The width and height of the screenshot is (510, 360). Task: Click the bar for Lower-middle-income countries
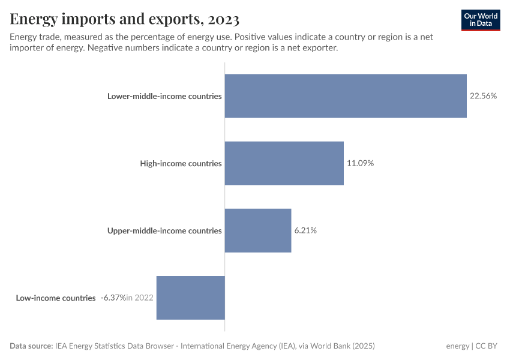point(346,96)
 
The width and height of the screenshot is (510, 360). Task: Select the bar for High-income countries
point(284,163)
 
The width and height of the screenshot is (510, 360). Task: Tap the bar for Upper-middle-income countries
point(258,230)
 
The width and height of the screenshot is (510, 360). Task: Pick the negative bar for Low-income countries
point(190,298)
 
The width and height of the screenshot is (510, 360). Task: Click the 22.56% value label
point(483,96)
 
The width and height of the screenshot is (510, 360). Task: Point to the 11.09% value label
point(360,163)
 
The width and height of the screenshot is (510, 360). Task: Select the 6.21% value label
point(305,230)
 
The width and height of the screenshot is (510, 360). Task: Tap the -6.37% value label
point(112,298)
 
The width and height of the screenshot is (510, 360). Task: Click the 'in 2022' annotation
point(140,298)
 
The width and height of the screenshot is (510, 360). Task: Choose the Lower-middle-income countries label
point(164,96)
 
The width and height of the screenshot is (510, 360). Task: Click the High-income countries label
point(181,163)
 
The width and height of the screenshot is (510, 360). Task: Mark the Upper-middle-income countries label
point(164,230)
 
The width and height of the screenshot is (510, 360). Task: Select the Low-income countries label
point(56,298)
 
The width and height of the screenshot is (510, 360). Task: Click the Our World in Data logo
point(481,20)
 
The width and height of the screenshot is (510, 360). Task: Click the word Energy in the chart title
point(34,20)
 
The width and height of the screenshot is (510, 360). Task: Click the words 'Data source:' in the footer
point(31,346)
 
